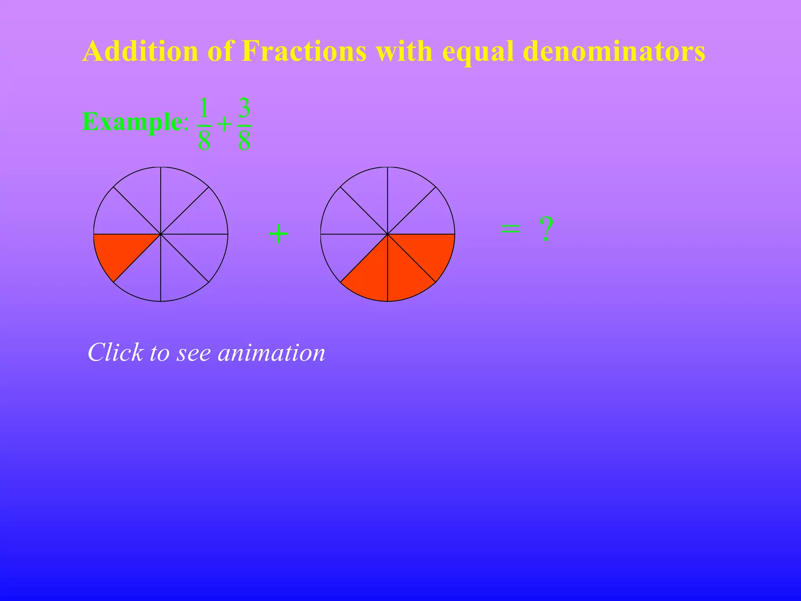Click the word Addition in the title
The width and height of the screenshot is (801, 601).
140,51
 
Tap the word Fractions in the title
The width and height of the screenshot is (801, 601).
304,51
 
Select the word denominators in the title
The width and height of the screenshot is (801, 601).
614,51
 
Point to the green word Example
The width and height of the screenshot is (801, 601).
132,122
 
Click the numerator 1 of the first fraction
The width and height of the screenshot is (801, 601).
204,108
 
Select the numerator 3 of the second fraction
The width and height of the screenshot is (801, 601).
244,108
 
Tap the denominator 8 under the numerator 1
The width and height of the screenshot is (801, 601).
204,140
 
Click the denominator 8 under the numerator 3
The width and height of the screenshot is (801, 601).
244,140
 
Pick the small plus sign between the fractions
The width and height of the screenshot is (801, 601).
224,125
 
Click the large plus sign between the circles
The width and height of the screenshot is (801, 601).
278,234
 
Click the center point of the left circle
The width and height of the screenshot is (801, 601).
161,234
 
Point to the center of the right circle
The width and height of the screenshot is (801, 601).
388,234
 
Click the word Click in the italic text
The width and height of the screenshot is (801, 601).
115,352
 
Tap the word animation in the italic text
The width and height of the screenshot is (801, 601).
271,352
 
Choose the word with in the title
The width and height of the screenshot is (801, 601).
404,51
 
